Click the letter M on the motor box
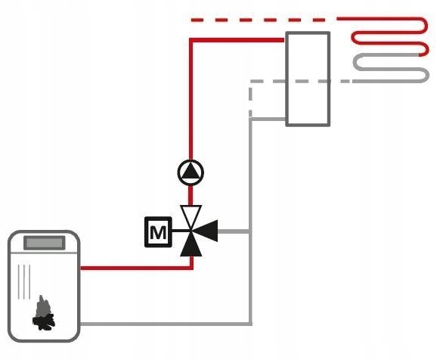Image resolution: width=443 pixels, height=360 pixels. click(158, 232)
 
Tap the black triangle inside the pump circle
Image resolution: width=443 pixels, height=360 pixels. click(191, 171)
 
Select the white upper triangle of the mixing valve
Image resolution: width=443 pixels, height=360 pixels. click(191, 215)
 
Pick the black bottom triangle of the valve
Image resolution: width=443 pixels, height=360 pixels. click(191, 245)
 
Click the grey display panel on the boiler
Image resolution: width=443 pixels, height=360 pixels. click(45, 243)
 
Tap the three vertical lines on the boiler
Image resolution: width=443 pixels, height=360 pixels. click(24, 282)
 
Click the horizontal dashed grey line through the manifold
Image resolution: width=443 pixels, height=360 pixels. click(301, 82)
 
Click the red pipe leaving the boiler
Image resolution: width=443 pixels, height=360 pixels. click(135, 268)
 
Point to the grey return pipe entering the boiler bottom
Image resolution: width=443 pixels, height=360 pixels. click(166, 324)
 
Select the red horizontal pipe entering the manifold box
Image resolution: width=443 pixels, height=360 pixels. click(237, 40)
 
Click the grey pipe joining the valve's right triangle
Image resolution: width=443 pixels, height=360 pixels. click(234, 231)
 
